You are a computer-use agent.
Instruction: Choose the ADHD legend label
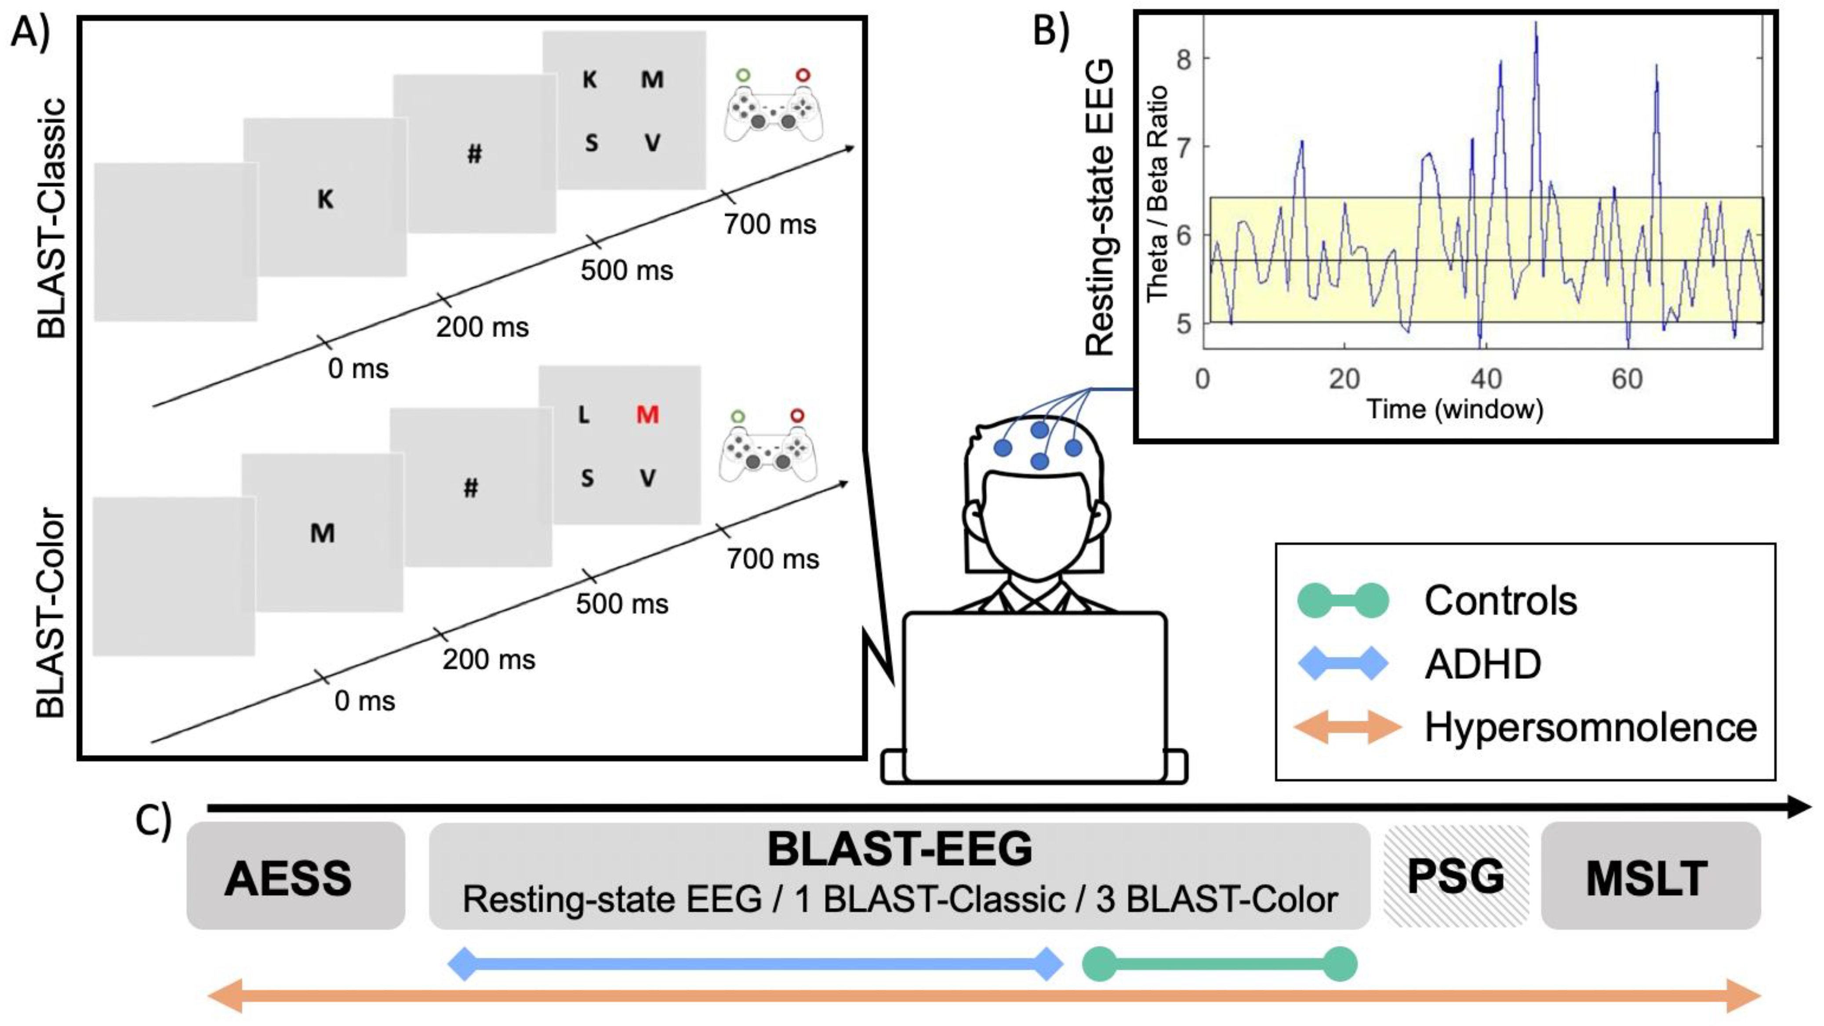point(1482,664)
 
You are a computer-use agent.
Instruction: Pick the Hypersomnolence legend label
point(1590,727)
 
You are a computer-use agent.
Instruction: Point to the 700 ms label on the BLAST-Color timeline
point(773,559)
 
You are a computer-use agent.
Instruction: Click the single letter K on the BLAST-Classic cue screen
point(325,199)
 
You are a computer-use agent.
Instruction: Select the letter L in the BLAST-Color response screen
point(583,415)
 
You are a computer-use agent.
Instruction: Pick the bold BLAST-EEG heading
point(900,849)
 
